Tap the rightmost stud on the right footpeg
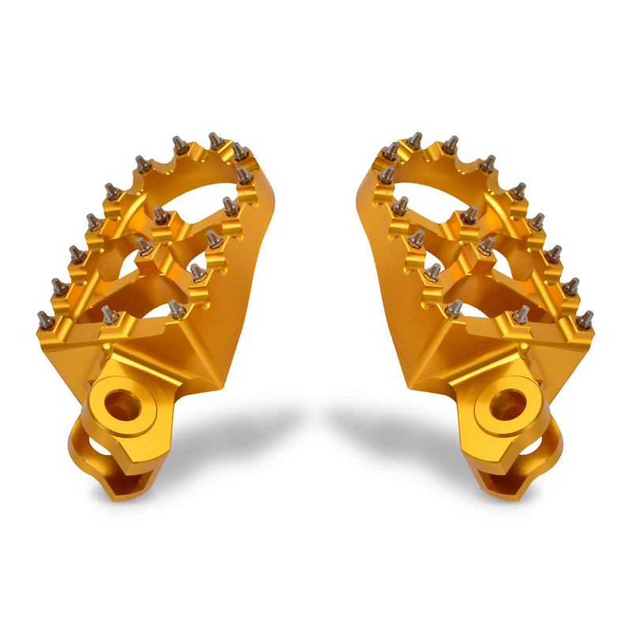coord(586,319)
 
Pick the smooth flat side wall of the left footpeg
coord(237,316)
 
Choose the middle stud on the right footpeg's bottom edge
coord(521,314)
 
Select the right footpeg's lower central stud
coord(432,272)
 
